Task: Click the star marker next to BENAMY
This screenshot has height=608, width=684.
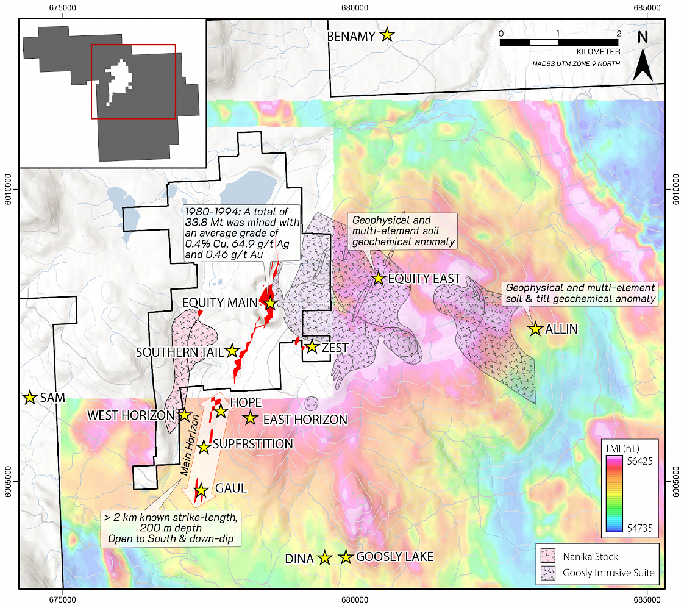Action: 387,35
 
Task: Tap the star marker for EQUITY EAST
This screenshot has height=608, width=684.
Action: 378,278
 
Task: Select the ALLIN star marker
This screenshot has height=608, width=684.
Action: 535,329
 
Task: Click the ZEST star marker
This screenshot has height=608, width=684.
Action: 312,347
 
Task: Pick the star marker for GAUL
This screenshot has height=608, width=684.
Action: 201,490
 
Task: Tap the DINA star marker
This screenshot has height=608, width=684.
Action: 324,558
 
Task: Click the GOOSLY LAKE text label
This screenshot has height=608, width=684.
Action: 394,557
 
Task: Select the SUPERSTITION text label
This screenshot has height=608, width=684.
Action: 253,444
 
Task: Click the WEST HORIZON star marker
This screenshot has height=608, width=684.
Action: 184,415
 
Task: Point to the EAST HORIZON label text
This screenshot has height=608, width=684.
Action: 305,420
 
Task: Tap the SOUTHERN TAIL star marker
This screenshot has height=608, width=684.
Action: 232,351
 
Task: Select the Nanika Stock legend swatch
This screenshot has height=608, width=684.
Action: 549,556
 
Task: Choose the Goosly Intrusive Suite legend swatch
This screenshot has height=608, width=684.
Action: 549,573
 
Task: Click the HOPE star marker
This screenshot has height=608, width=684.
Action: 221,412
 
